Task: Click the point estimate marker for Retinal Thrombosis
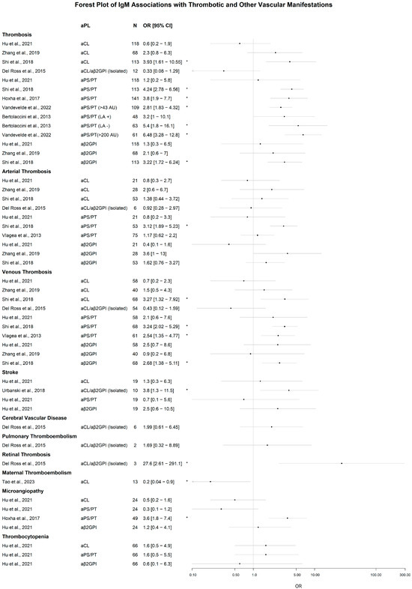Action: (x=342, y=464)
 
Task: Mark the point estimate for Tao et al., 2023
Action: (x=210, y=482)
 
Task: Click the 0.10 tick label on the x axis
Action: (x=193, y=576)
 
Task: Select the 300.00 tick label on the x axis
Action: (x=405, y=576)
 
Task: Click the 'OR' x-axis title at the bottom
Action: (x=297, y=585)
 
